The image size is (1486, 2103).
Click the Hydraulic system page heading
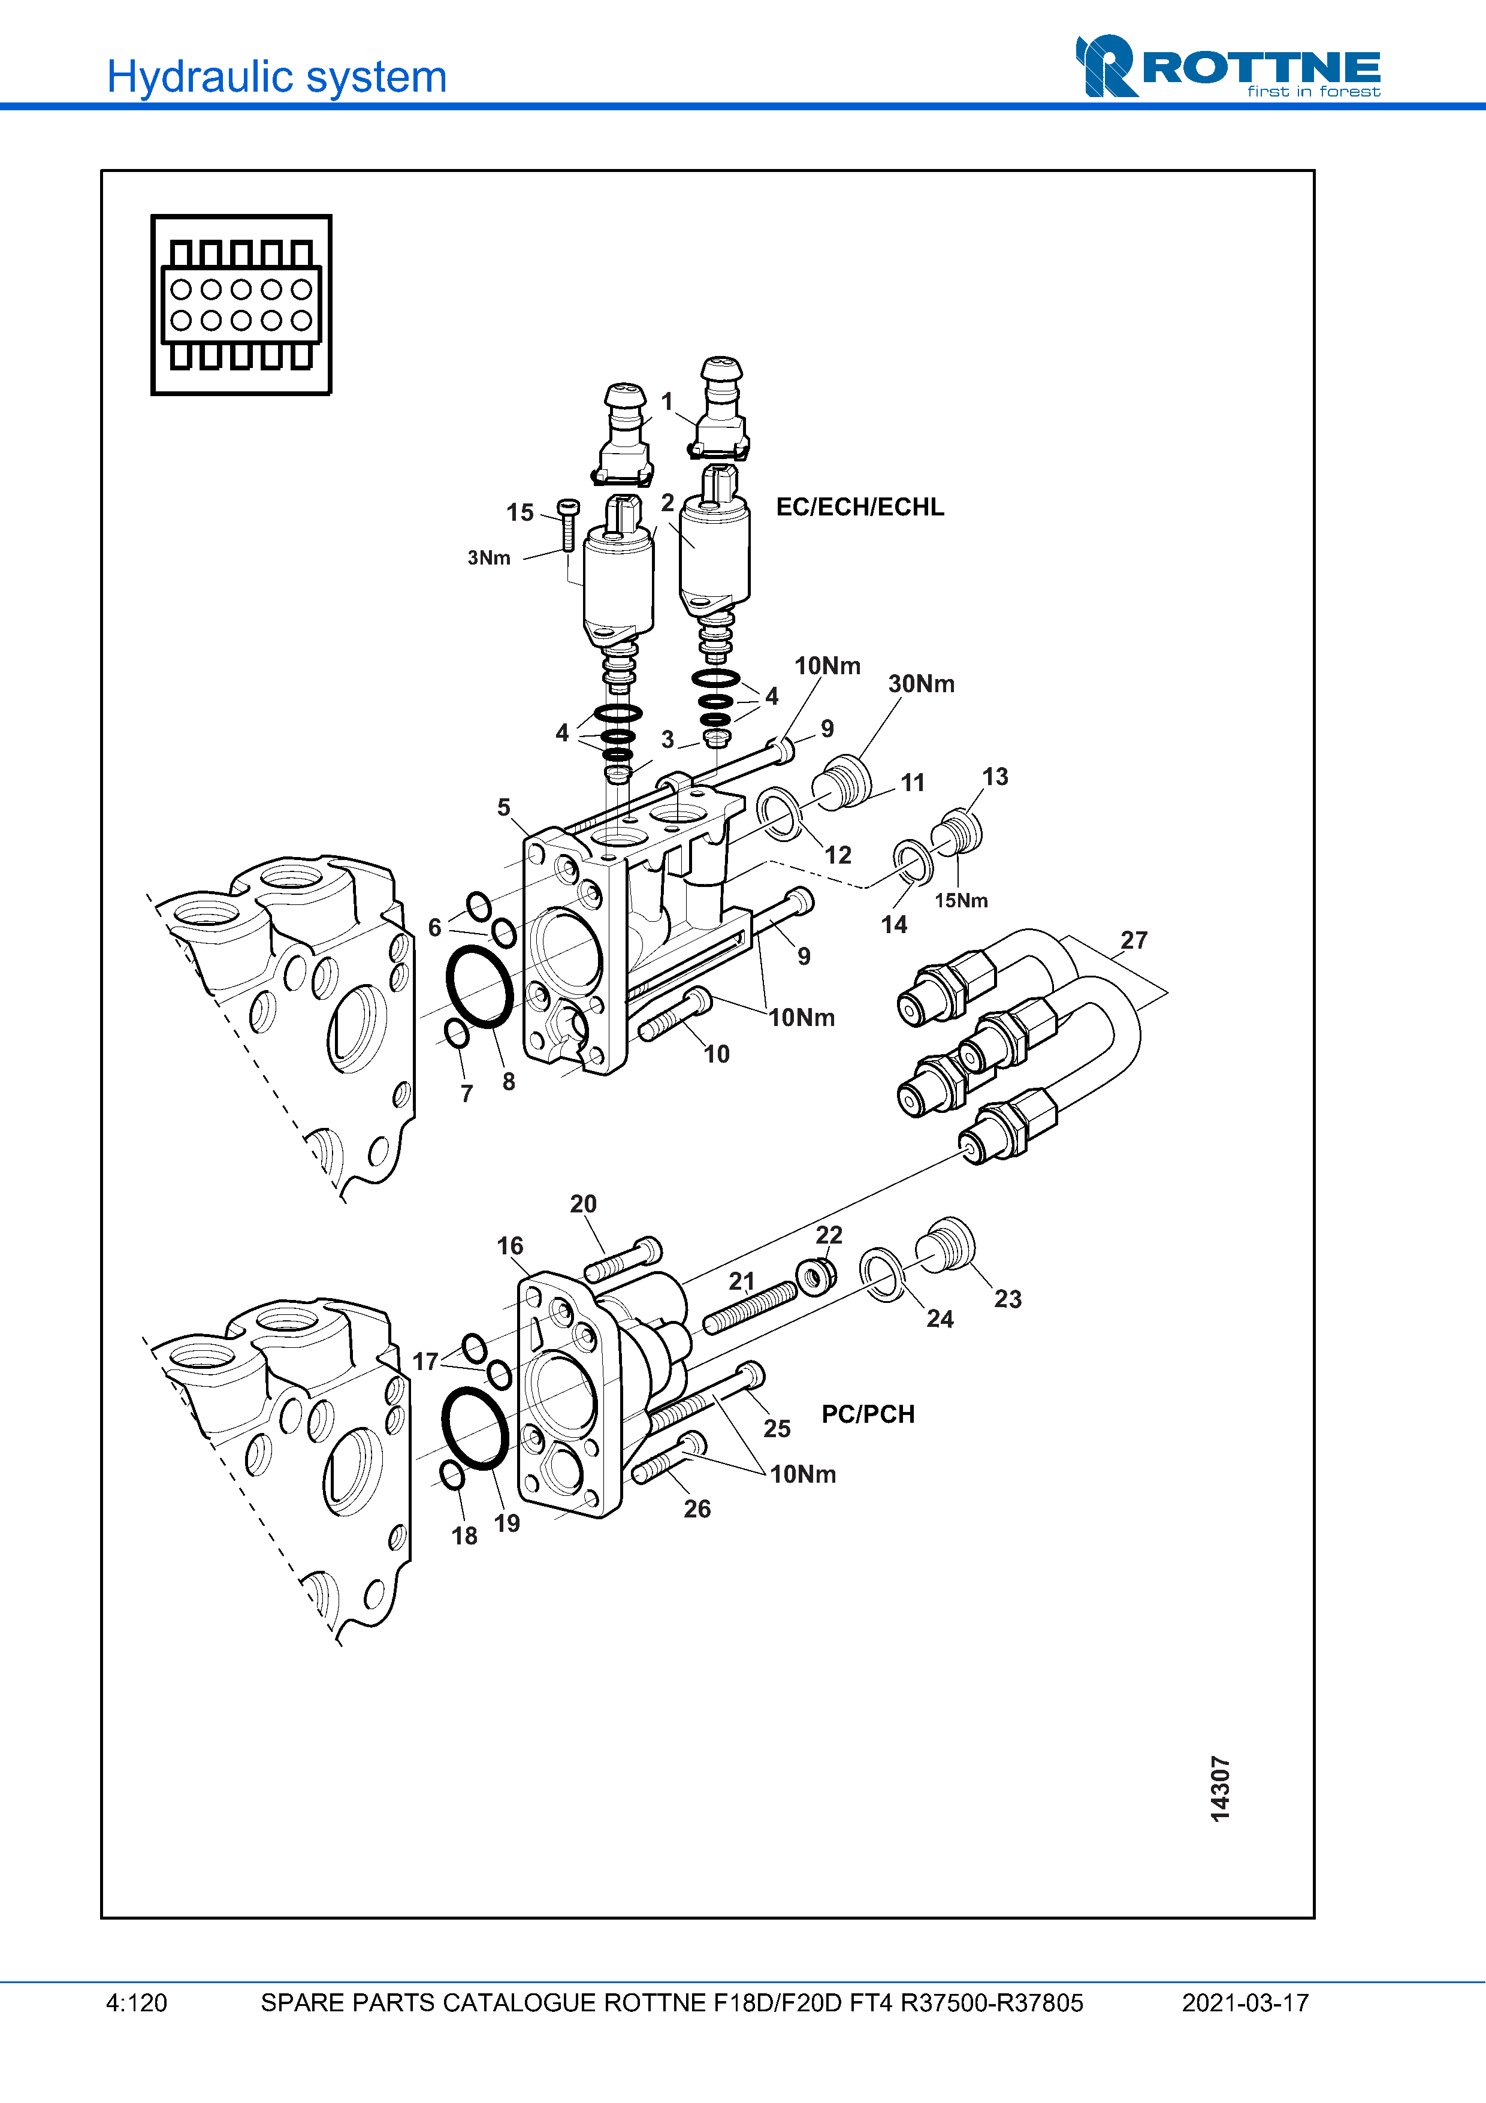(x=276, y=77)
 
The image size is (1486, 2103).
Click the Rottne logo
(x=1228, y=66)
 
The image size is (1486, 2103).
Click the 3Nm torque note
(x=489, y=558)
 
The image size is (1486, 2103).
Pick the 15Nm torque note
(x=961, y=900)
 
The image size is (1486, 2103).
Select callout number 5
(x=503, y=807)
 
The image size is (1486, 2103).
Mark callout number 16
(x=510, y=1246)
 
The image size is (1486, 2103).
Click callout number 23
(x=1008, y=1299)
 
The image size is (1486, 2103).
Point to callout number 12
(x=838, y=855)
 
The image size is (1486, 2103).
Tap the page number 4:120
(x=137, y=2003)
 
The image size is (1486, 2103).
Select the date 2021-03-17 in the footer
(x=1245, y=2003)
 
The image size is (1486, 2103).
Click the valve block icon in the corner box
(x=241, y=305)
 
